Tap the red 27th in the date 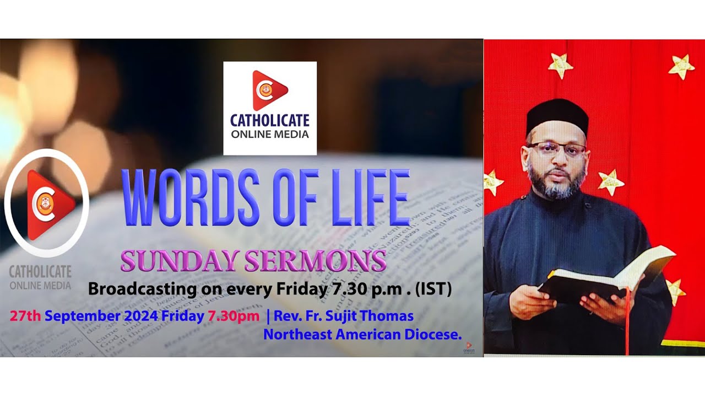(x=25, y=316)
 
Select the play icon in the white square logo (x=269, y=90)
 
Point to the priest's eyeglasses (x=556, y=148)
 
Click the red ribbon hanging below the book (x=626, y=325)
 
